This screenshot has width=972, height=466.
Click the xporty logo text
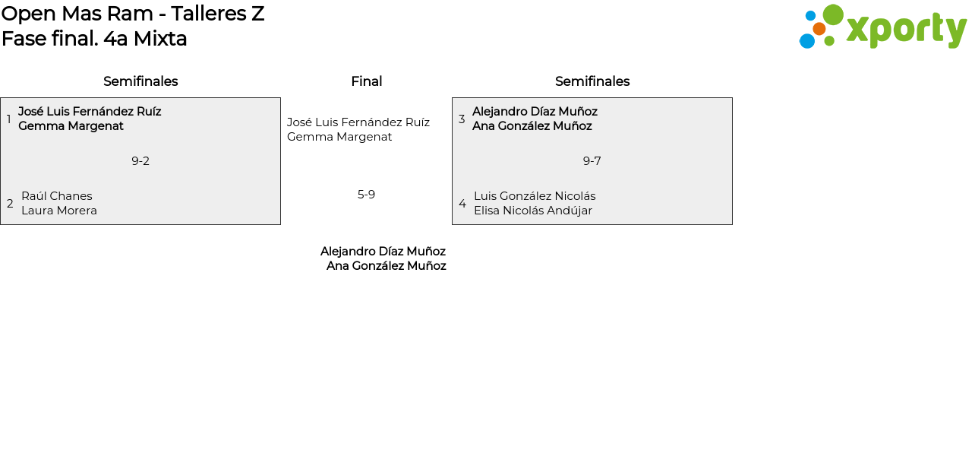(x=907, y=29)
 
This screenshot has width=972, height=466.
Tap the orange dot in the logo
(x=819, y=29)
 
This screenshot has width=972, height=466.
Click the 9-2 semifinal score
(x=140, y=161)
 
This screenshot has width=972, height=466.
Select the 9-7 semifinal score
(x=592, y=161)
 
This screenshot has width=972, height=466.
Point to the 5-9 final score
(x=366, y=195)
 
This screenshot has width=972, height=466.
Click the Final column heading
(x=367, y=81)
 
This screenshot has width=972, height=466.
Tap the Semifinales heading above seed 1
(x=140, y=81)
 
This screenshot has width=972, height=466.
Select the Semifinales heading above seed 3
(x=592, y=81)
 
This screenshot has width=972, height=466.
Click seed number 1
(x=8, y=119)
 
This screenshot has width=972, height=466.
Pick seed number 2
(x=10, y=204)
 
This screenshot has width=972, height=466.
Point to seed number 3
(x=462, y=119)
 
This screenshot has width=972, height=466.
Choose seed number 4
(x=462, y=204)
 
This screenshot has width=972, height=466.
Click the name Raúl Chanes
(x=57, y=196)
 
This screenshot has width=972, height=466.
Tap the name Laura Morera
(x=59, y=211)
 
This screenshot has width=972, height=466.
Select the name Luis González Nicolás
(x=535, y=196)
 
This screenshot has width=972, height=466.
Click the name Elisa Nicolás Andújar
(x=533, y=211)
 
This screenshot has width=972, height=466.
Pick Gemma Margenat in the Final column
(x=339, y=137)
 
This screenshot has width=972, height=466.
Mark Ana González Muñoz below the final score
(x=387, y=266)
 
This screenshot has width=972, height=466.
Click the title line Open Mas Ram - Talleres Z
(x=133, y=14)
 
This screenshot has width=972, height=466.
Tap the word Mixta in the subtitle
(x=160, y=39)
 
